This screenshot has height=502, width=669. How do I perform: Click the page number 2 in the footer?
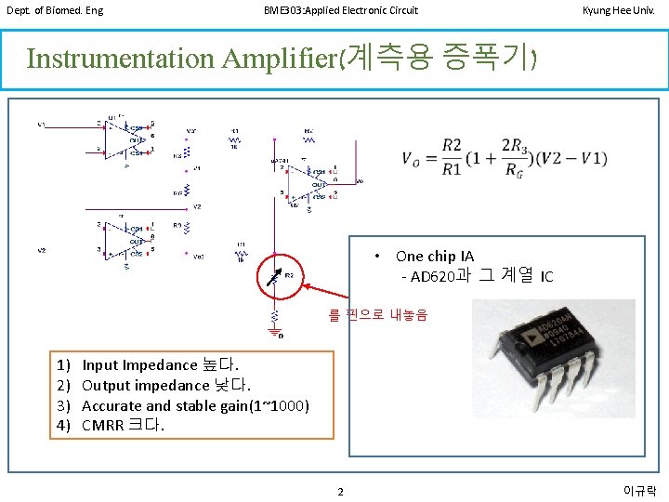click(x=340, y=491)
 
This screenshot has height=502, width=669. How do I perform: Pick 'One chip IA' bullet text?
click(x=434, y=256)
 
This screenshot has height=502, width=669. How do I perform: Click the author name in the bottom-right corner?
click(x=639, y=490)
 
